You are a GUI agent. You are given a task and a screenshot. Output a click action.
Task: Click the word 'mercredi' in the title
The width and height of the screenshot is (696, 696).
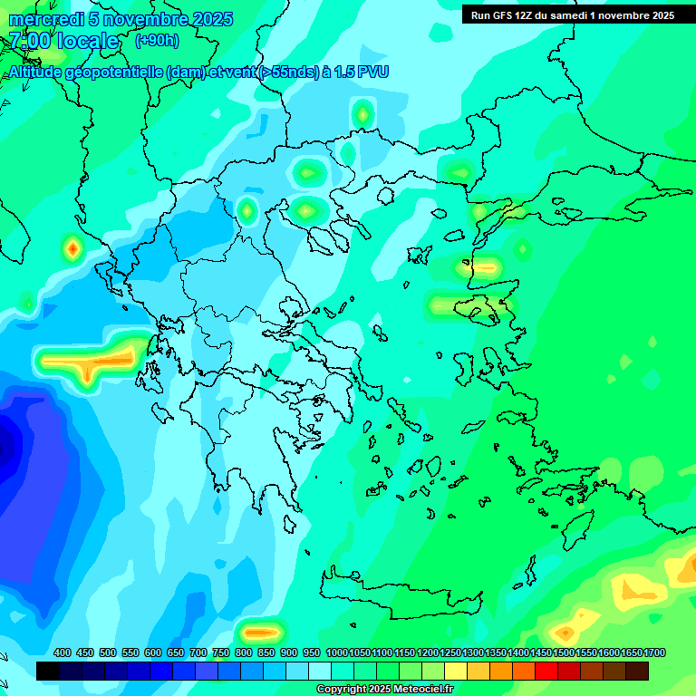click(42, 19)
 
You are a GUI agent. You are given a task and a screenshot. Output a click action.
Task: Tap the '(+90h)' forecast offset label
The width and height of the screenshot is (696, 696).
click(157, 41)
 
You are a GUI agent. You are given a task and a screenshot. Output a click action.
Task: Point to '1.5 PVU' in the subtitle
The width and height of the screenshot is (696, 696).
click(361, 72)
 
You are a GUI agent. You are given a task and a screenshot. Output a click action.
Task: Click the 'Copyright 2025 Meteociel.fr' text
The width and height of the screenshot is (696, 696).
click(385, 690)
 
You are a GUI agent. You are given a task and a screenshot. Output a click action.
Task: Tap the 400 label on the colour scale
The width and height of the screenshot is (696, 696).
click(63, 653)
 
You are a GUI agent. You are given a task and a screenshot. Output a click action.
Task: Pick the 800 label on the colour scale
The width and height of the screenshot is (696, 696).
click(244, 653)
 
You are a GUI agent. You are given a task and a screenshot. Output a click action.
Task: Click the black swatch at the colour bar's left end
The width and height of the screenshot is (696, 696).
click(48, 671)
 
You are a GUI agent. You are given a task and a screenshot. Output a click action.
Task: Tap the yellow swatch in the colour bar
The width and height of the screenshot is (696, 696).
click(456, 671)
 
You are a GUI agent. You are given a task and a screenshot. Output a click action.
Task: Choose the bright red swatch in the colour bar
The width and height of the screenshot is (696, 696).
click(546, 671)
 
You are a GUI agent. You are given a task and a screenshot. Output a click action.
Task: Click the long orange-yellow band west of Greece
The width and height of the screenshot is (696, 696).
click(91, 361)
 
